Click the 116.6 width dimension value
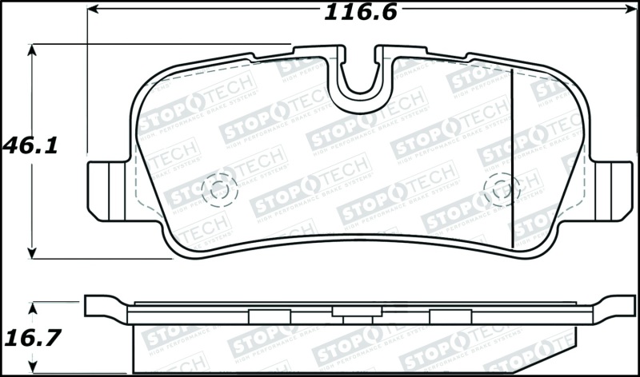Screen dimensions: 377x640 pyautogui.click(x=360, y=12)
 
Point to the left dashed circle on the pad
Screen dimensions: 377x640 pyautogui.click(x=218, y=188)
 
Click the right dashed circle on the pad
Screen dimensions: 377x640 pyautogui.click(x=502, y=189)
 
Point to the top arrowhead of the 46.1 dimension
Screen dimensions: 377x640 pyautogui.click(x=33, y=50)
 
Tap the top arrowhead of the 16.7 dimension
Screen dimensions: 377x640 pyautogui.click(x=33, y=307)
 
